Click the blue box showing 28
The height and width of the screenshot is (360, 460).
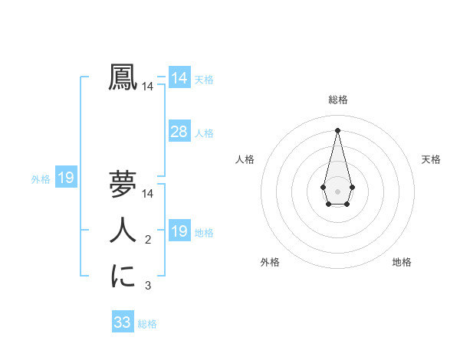[x=179, y=132]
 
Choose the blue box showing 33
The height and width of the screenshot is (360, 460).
[x=123, y=322]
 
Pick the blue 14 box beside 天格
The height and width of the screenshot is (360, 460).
[x=179, y=78]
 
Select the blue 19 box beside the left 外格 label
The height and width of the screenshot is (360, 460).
[x=66, y=178]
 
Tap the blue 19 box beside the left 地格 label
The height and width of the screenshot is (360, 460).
[x=179, y=231]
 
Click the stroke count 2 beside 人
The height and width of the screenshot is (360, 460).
[x=148, y=240]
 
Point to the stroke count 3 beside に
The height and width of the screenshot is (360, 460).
[x=148, y=286]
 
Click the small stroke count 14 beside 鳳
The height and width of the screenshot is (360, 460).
[x=147, y=87]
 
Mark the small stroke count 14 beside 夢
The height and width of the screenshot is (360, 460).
[x=147, y=194]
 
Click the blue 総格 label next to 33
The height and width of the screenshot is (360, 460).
[x=147, y=324]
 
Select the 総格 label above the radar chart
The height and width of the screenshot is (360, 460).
[x=338, y=100]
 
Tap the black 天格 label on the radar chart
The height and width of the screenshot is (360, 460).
[x=431, y=159]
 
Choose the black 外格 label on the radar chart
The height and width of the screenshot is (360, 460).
[x=270, y=262]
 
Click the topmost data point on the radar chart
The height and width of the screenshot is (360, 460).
[x=338, y=129]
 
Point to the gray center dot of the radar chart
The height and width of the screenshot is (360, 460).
[x=338, y=191]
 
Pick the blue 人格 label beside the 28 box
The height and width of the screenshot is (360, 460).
[x=204, y=133]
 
